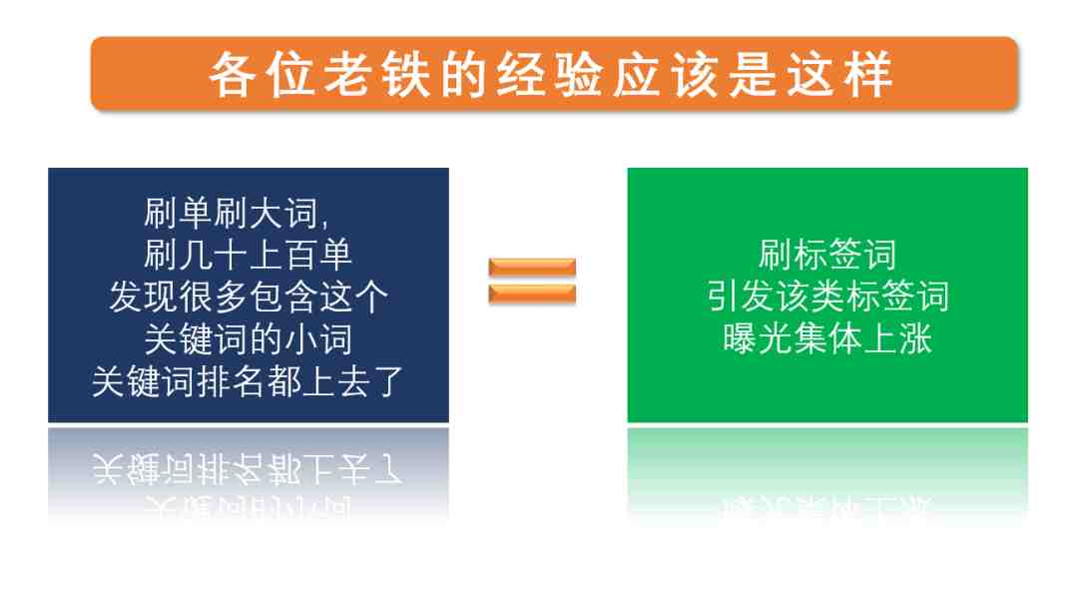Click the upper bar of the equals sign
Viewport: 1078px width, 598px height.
tap(532, 267)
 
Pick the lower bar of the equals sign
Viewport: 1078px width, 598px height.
tap(532, 295)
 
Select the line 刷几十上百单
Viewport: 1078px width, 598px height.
tap(249, 255)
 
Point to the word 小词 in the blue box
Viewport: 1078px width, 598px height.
tap(318, 338)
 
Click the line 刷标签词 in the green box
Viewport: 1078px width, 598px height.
tap(827, 255)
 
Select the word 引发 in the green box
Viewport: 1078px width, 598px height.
tap(741, 297)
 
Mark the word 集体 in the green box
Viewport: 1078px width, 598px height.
tap(827, 338)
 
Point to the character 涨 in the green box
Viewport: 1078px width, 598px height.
tap(915, 338)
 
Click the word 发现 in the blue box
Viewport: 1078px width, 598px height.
tap(144, 297)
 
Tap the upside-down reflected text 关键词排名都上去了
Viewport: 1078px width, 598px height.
tap(248, 468)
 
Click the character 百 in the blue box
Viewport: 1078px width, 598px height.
tap(300, 255)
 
